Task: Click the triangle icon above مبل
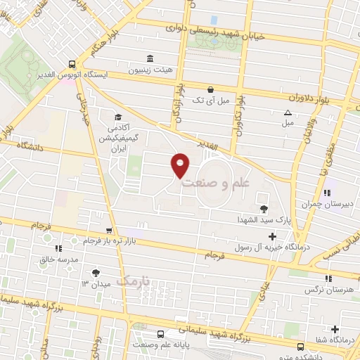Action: click(287, 112)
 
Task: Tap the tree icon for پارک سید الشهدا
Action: click(264, 208)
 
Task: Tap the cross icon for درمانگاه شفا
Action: click(335, 329)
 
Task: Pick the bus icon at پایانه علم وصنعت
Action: click(161, 334)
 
